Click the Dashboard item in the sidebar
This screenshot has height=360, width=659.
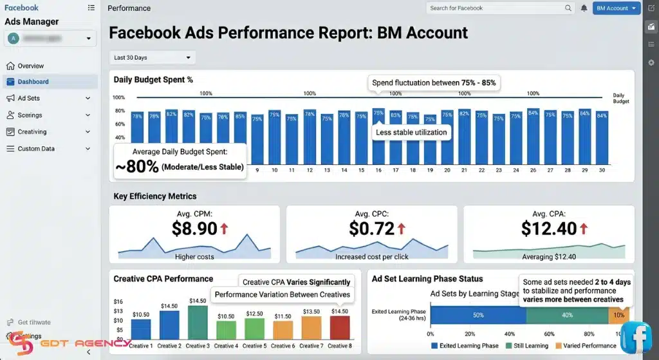tap(33, 82)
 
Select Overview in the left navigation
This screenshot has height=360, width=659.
tap(30, 66)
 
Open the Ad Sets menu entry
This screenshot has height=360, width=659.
tap(29, 99)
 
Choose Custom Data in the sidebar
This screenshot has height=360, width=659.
tap(36, 149)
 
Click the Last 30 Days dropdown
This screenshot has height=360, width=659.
tap(153, 57)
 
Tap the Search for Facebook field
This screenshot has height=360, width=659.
tap(496, 8)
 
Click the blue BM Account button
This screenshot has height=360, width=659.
tap(616, 8)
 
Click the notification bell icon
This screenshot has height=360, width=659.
tap(584, 8)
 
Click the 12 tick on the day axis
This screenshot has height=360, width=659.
tap(310, 171)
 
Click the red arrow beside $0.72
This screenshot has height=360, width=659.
tap(402, 229)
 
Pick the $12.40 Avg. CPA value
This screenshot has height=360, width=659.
tap(549, 228)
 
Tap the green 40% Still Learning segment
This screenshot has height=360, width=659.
tap(566, 315)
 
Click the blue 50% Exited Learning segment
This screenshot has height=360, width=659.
tap(478, 315)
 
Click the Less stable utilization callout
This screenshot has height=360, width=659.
tap(411, 132)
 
